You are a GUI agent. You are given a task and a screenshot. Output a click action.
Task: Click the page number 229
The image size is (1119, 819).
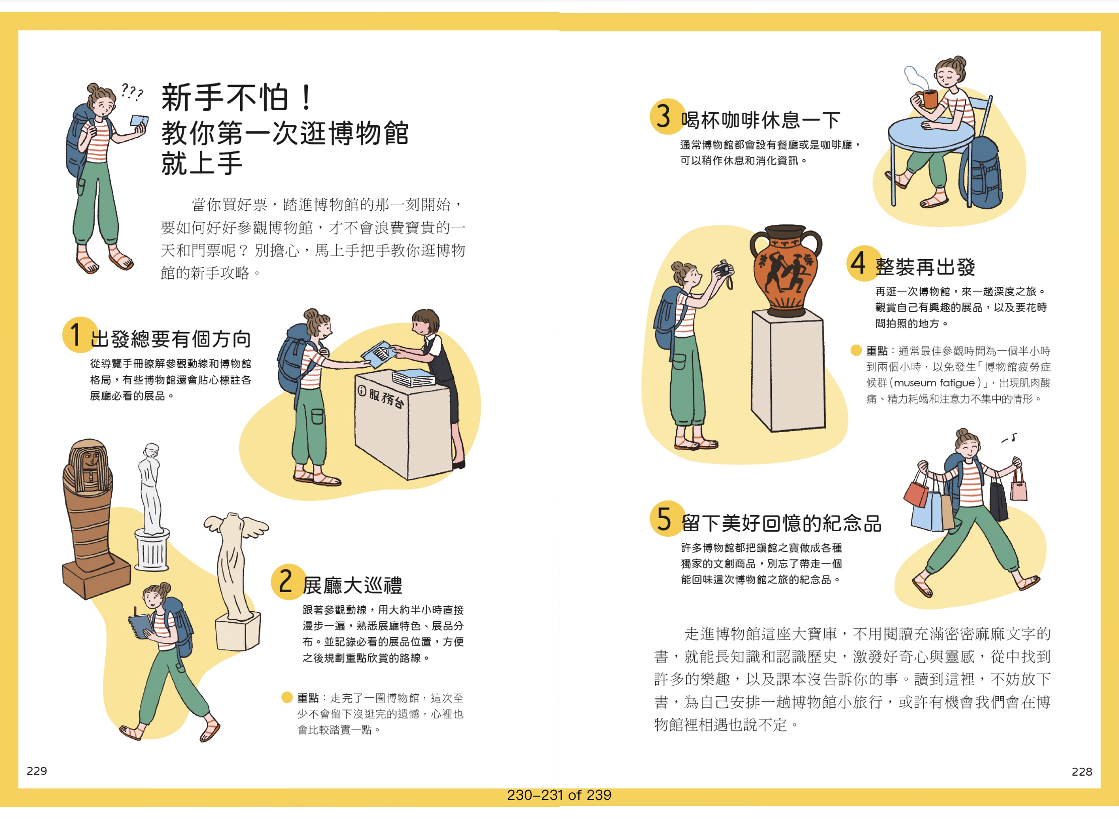(x=37, y=771)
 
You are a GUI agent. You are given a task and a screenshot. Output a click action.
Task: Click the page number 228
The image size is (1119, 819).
(x=1082, y=771)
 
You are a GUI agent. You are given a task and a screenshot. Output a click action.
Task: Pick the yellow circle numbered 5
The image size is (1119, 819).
(x=667, y=519)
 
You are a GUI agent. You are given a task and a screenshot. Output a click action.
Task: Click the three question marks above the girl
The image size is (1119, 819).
(x=132, y=92)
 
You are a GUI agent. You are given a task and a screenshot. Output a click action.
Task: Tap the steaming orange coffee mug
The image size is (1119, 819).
(x=929, y=99)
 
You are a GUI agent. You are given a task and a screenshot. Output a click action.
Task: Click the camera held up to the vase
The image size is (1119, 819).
(x=724, y=269)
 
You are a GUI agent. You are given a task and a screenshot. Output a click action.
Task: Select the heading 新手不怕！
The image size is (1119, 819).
(x=237, y=97)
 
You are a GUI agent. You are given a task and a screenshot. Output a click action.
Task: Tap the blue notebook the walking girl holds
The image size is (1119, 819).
(x=141, y=626)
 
